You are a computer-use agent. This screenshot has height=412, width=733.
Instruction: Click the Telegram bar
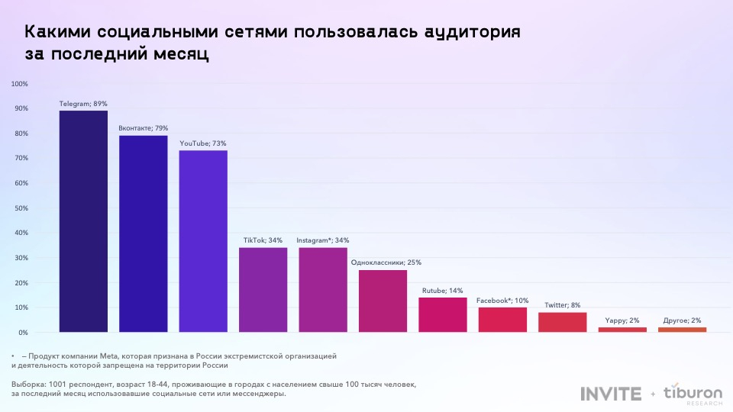click(83, 221)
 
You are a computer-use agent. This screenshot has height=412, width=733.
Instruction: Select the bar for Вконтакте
click(143, 233)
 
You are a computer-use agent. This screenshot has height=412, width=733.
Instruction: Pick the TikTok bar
click(263, 290)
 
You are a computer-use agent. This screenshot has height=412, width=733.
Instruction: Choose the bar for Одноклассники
click(383, 301)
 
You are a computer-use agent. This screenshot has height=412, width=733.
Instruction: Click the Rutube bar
click(442, 315)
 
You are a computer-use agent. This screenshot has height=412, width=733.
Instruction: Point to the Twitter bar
click(562, 323)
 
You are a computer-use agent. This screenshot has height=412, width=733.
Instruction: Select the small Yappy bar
click(622, 330)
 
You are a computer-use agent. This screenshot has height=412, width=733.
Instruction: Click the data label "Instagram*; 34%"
click(323, 240)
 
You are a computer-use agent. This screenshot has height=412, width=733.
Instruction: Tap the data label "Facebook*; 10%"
click(502, 301)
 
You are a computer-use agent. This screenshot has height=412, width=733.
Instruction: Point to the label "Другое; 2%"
click(682, 320)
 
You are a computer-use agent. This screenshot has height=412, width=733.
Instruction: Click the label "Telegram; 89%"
click(83, 104)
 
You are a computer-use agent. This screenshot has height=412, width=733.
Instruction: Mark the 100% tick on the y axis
click(20, 84)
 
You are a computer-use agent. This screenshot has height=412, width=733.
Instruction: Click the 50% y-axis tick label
click(21, 208)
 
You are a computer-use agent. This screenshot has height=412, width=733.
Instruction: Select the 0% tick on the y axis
click(23, 333)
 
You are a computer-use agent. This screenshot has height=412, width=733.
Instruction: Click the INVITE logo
click(611, 394)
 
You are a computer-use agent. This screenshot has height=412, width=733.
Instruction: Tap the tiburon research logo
click(693, 394)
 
